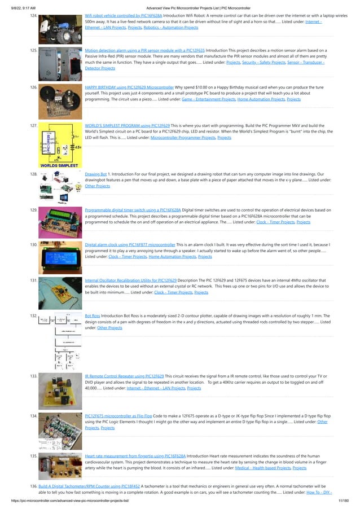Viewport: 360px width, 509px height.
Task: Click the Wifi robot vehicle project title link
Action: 123,16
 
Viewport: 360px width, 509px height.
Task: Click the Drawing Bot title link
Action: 96,174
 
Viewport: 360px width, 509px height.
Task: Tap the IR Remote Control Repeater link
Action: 124,376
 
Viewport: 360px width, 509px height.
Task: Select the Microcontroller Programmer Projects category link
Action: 183,138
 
